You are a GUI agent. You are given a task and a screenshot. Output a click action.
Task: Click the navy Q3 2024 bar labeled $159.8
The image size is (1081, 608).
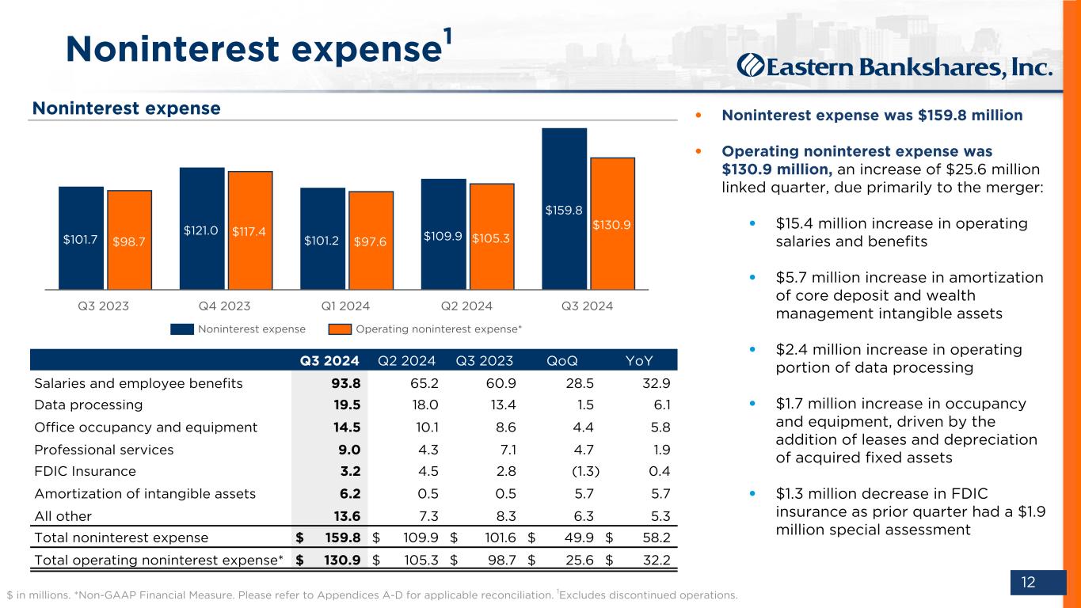pyautogui.click(x=564, y=209)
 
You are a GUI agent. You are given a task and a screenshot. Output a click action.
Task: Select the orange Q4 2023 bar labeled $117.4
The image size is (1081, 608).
pyautogui.click(x=250, y=230)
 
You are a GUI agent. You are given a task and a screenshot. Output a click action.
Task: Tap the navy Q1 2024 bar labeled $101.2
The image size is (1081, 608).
pyautogui.click(x=322, y=238)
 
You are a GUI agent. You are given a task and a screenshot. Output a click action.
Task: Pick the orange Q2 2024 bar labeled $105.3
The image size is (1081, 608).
pyautogui.click(x=492, y=237)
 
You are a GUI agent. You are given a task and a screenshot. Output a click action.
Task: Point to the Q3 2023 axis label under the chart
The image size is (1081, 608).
pyautogui.click(x=105, y=306)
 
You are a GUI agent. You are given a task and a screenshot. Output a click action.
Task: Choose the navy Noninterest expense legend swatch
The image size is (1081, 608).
pyautogui.click(x=182, y=329)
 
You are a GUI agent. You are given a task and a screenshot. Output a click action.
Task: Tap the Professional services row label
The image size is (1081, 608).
pyautogui.click(x=104, y=450)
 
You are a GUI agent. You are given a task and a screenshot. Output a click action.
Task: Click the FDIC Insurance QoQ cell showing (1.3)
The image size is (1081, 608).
pyautogui.click(x=584, y=472)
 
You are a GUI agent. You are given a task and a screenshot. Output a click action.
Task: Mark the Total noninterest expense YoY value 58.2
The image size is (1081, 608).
pyautogui.click(x=657, y=538)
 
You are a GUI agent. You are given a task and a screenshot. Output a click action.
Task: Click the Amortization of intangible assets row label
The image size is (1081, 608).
pyautogui.click(x=145, y=494)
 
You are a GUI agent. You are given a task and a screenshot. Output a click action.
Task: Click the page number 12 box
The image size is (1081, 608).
pyautogui.click(x=1028, y=583)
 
